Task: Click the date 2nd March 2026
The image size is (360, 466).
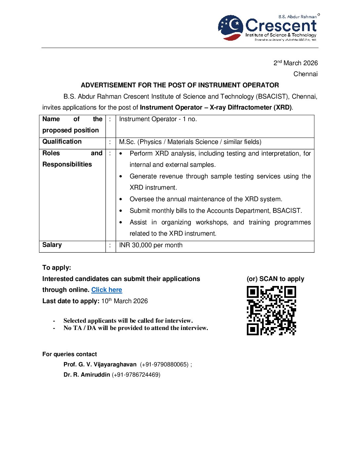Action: [295, 63]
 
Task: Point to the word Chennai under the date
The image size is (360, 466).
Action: [305, 74]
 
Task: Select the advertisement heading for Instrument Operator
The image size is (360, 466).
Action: [180, 85]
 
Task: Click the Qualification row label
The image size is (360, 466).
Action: [62, 142]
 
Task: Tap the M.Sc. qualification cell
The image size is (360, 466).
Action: [190, 142]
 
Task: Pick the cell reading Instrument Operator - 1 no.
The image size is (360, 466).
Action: [158, 119]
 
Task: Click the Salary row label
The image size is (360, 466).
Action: [52, 245]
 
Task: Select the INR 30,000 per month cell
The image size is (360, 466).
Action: [151, 245]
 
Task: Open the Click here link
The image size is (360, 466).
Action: [107, 290]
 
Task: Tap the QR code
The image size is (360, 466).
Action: [271, 310]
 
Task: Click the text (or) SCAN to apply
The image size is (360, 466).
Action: [275, 279]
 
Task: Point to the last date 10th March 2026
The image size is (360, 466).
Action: [124, 301]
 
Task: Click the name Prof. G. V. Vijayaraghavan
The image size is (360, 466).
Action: [100, 364]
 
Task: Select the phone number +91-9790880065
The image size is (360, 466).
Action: [164, 364]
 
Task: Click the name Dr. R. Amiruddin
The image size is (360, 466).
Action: [87, 375]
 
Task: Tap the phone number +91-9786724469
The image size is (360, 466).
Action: [136, 375]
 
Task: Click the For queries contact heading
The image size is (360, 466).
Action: [69, 354]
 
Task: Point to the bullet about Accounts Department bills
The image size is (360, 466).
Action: [215, 211]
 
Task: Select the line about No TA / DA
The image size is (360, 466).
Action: [136, 328]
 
